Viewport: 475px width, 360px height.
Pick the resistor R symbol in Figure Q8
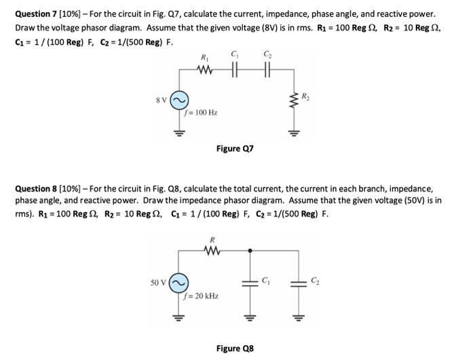(x=212, y=250)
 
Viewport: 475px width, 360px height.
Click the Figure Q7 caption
(x=234, y=147)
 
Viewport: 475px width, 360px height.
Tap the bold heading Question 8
(x=39, y=188)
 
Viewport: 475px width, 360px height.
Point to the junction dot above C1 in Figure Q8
(x=250, y=250)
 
